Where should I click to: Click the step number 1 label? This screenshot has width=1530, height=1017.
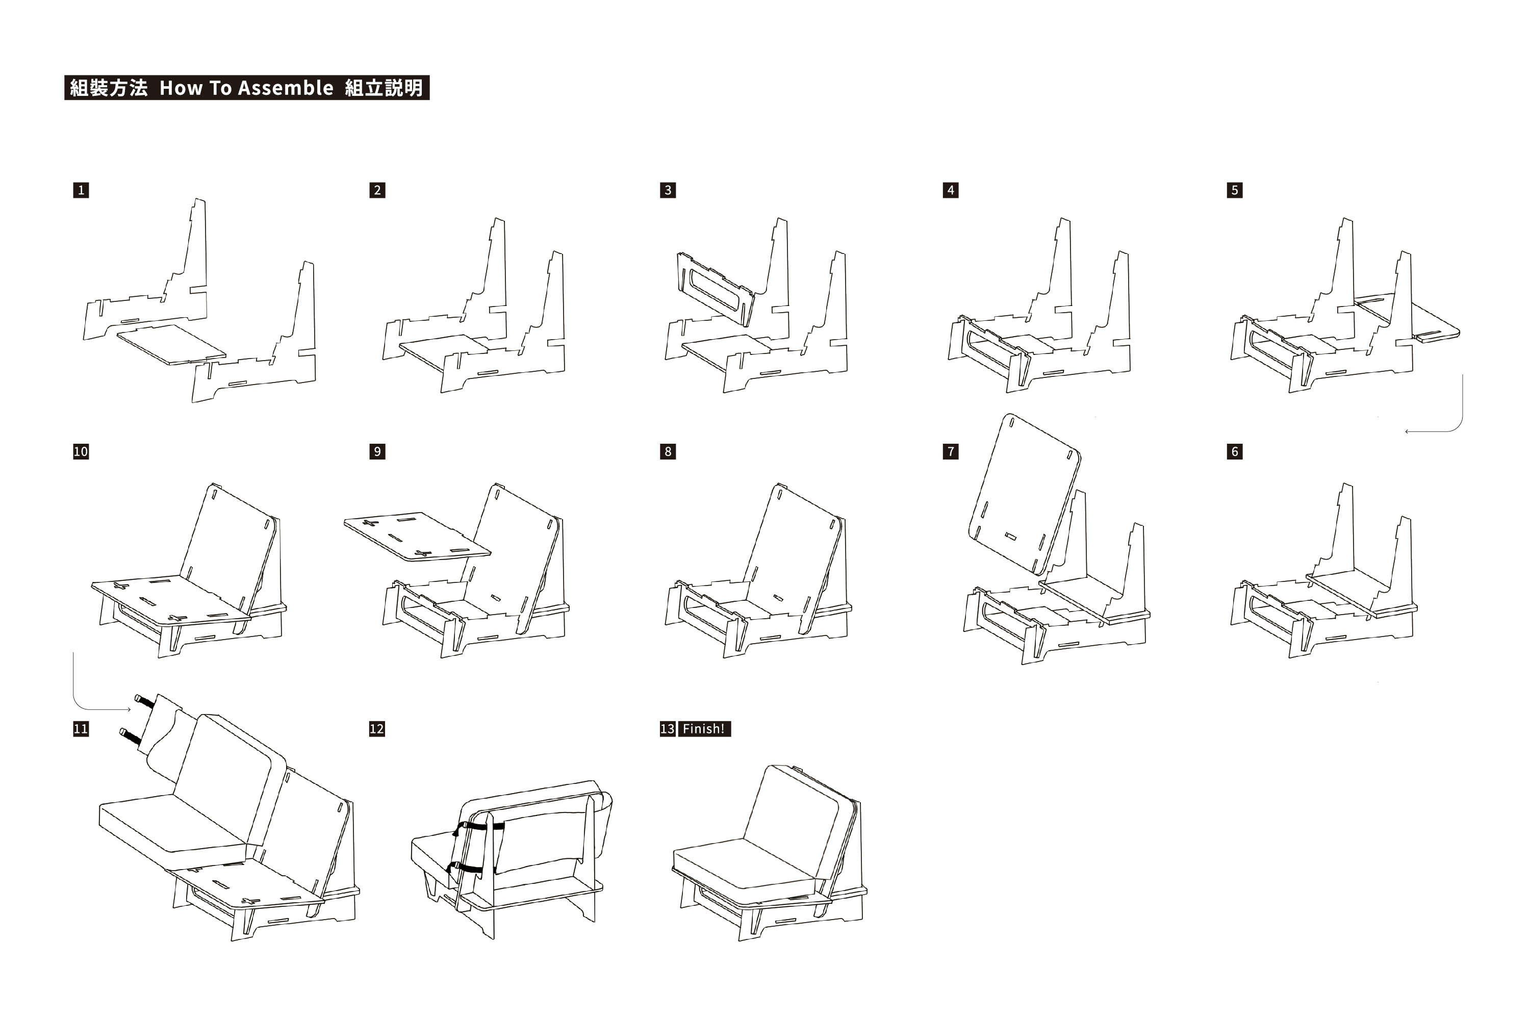tap(81, 190)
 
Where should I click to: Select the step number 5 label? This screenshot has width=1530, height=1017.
tap(1234, 190)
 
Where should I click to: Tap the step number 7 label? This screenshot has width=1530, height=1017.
tap(950, 451)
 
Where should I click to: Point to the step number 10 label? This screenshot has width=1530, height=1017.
tap(81, 451)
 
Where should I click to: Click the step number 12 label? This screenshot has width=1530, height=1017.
tap(377, 728)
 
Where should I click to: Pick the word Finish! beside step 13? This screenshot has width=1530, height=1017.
tap(703, 728)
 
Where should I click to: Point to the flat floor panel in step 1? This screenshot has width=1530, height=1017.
tap(172, 344)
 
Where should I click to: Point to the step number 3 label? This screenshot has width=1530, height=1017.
tap(668, 190)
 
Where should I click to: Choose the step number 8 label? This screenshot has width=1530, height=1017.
tap(668, 451)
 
